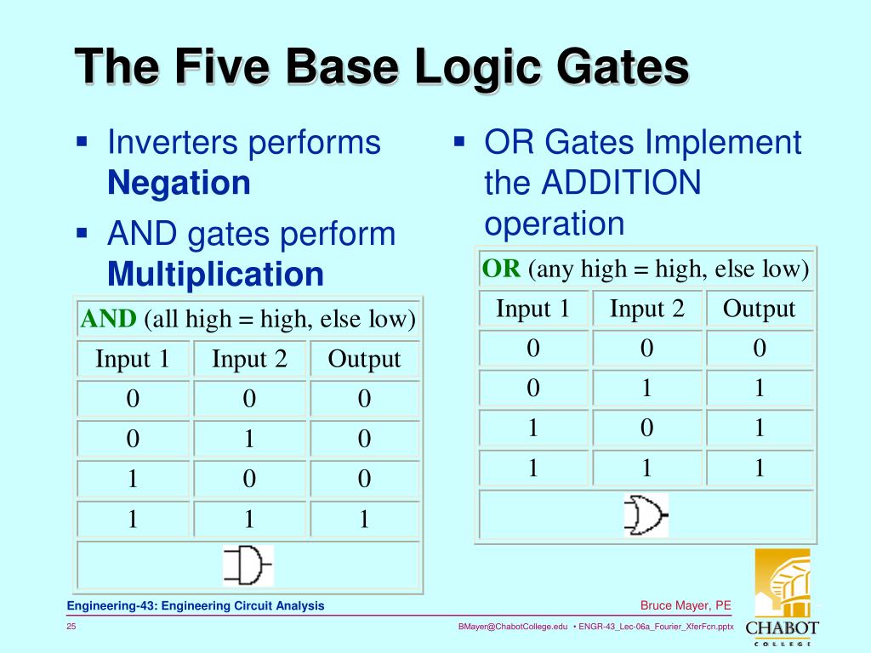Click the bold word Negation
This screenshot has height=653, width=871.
pos(179,183)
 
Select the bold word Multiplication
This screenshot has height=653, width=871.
pos(215,275)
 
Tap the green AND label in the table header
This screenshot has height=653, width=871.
pos(108,319)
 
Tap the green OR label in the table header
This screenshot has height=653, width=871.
pos(501,270)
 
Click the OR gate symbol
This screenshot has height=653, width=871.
pos(646,515)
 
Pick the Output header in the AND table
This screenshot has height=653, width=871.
pos(364,359)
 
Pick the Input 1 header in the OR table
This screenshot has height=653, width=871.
pos(532,308)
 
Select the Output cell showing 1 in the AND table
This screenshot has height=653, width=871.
pos(364,520)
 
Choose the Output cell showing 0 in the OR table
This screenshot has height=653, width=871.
pos(759,348)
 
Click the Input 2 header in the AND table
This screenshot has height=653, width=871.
pos(249,359)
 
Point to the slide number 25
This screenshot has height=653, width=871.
pos(72,627)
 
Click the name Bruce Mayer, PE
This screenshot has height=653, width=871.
pos(686,605)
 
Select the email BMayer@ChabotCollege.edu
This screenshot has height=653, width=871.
pos(512,627)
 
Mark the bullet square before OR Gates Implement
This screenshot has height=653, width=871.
pos(459,141)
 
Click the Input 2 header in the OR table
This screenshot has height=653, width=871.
pos(646,308)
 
